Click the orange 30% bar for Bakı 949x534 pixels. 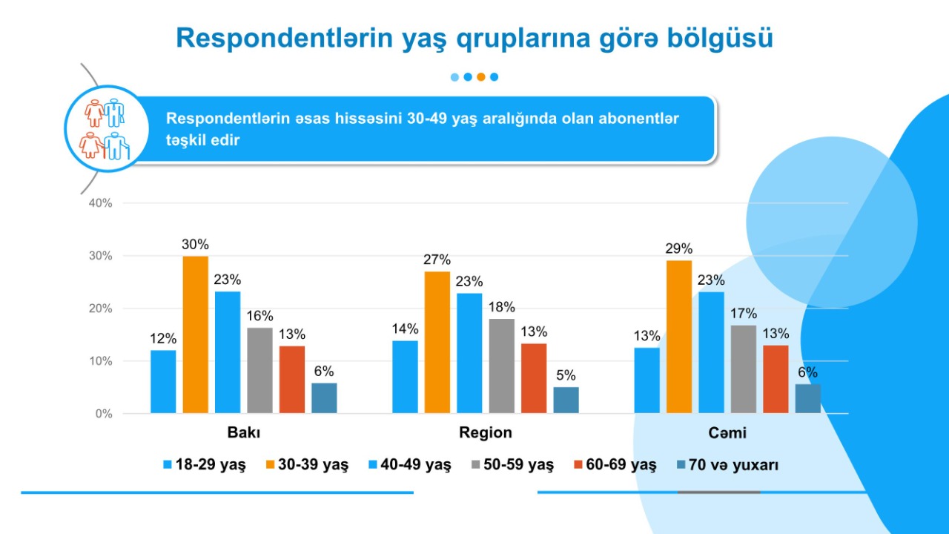(195, 334)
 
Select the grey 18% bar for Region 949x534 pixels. (501, 366)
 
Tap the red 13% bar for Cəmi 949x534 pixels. (776, 379)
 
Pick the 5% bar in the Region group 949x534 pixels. (566, 400)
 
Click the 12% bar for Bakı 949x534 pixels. (163, 381)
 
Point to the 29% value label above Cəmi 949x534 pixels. (679, 248)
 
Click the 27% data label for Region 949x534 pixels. (437, 260)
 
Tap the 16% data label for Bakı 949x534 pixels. (259, 316)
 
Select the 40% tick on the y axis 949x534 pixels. (99, 203)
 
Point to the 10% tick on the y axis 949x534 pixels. (99, 361)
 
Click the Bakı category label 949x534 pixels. (243, 432)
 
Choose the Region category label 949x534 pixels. (486, 432)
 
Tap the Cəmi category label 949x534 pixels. (727, 432)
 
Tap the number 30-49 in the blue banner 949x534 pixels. (427, 119)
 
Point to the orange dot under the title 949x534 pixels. (480, 76)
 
